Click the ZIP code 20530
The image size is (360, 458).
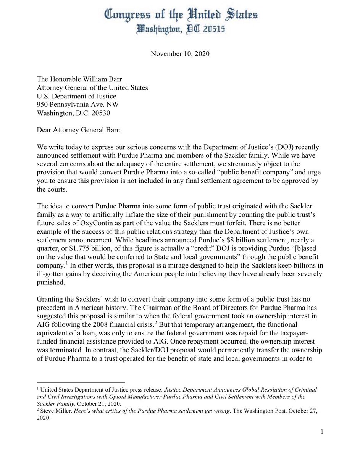tap(94, 113)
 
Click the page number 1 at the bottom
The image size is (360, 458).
tap(322, 431)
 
